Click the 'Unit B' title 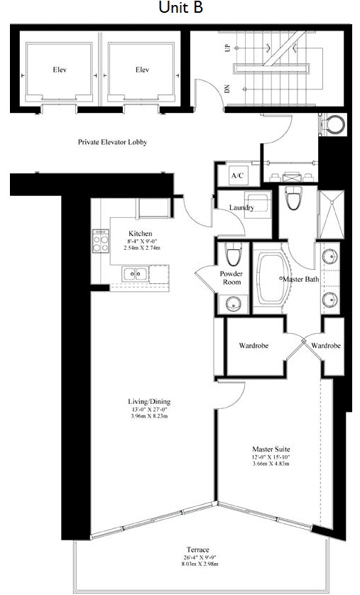180,8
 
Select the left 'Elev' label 60,70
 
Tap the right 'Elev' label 142,70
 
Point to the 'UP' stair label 228,48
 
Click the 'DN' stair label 227,89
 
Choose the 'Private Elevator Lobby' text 112,142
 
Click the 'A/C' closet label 237,176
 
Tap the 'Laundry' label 241,207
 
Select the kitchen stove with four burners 101,241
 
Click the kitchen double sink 136,273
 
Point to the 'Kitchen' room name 141,234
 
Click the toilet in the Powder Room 233,254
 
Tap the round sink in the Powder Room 232,304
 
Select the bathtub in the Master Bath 270,278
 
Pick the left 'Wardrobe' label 253,346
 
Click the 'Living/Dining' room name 149,401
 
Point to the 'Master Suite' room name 271,449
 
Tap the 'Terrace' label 197,550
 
